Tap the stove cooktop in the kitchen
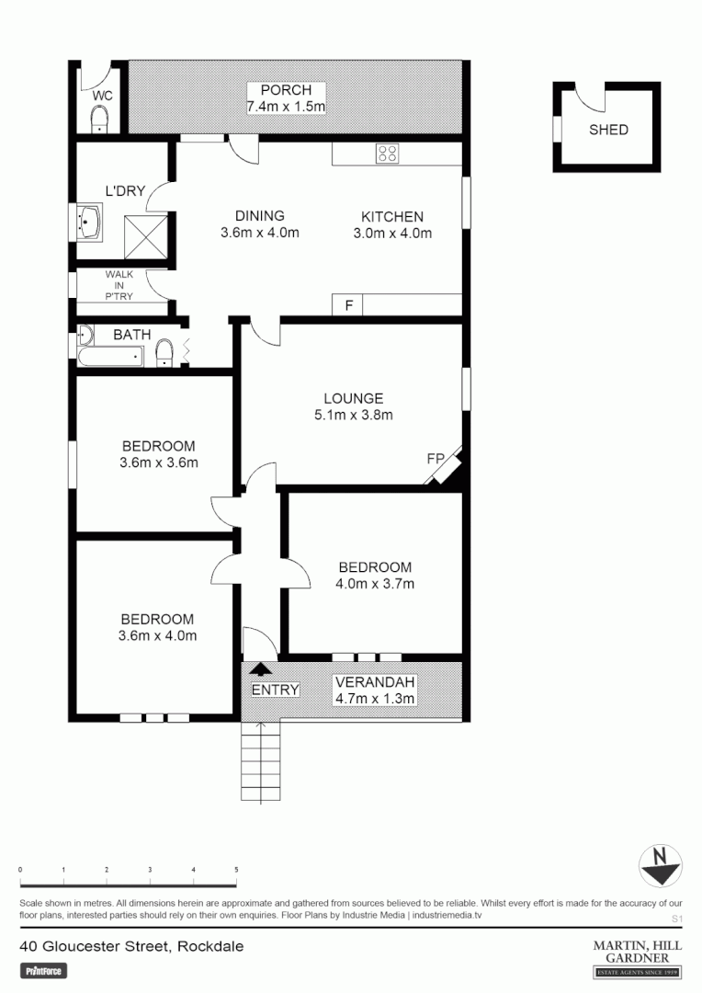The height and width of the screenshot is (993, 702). [x=387, y=154]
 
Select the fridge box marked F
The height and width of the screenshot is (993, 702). [x=348, y=305]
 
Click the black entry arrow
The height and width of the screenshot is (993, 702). [x=262, y=671]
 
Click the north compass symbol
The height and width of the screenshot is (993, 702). [x=660, y=864]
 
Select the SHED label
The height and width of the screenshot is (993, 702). [x=608, y=130]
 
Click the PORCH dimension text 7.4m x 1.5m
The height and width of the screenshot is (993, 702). [x=286, y=107]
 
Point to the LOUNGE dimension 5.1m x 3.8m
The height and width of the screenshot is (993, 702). [x=353, y=415]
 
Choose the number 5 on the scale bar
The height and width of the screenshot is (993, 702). [x=236, y=870]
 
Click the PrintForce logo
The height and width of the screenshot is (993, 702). [x=44, y=970]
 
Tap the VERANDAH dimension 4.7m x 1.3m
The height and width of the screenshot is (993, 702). [x=375, y=699]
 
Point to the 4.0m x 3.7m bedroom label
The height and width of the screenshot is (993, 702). [x=375, y=584]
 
